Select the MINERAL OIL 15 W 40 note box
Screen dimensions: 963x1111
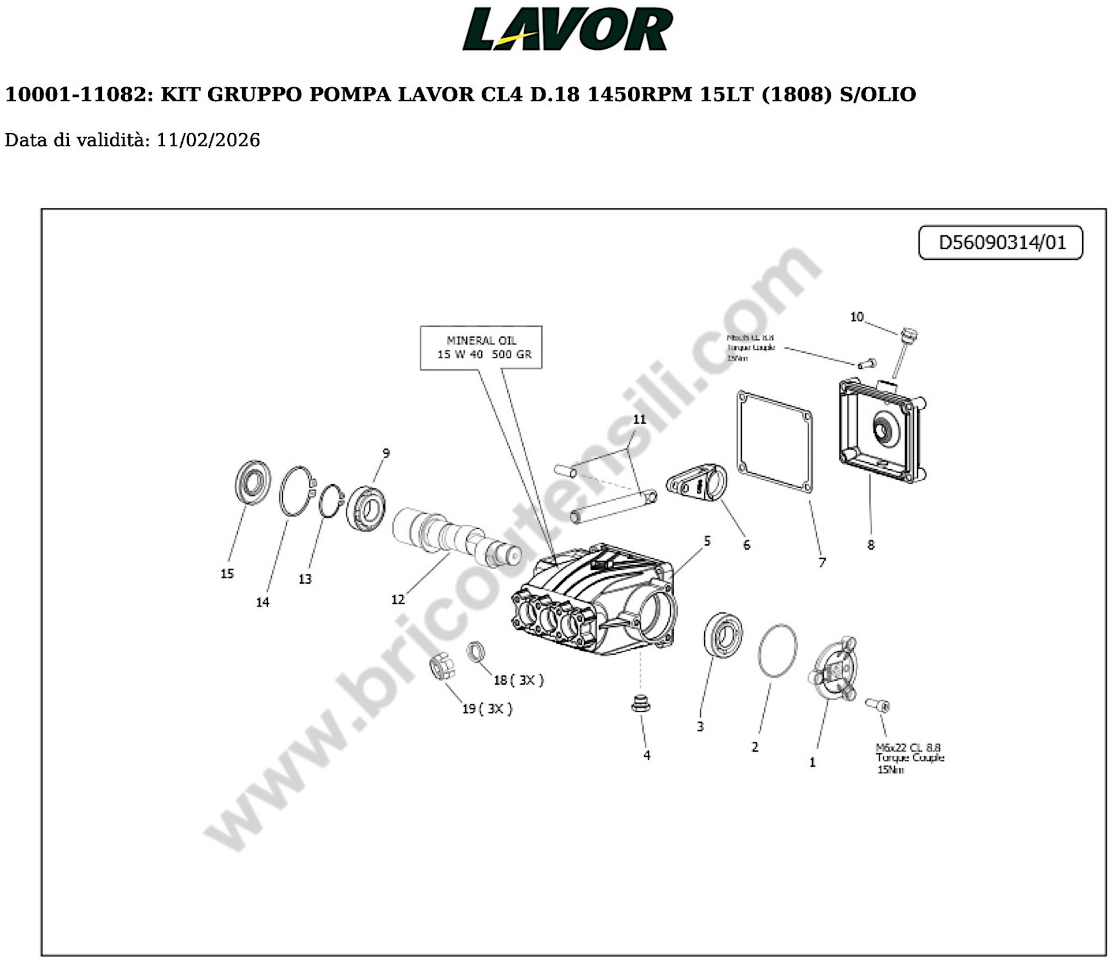481,347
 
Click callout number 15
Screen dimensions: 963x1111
227,574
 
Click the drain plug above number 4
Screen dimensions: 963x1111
641,704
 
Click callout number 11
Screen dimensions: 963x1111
639,419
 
